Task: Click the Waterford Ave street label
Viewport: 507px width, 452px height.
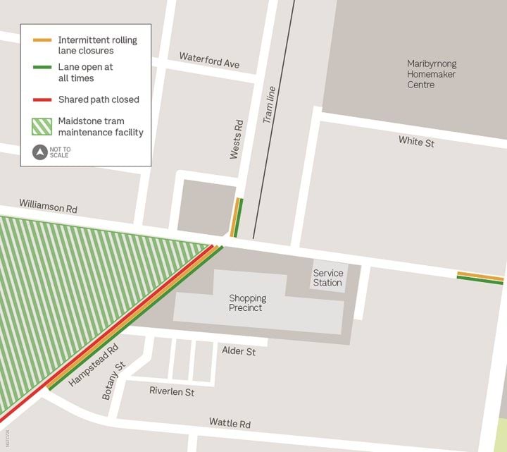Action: [208, 60]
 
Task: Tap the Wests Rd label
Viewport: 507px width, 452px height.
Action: [237, 139]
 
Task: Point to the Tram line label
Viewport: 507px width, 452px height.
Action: [269, 105]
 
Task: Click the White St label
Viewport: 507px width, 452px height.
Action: [415, 141]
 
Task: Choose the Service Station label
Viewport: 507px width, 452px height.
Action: [327, 278]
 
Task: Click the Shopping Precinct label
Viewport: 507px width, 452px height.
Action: [247, 303]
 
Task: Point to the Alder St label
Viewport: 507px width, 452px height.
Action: [239, 350]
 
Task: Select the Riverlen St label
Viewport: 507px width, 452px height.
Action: [172, 391]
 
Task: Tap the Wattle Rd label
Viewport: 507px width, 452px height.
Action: [230, 423]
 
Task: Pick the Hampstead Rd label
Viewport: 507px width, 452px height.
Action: [94, 365]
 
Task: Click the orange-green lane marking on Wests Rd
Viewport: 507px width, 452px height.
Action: [237, 217]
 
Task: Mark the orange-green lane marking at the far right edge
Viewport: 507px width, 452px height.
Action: [480, 277]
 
